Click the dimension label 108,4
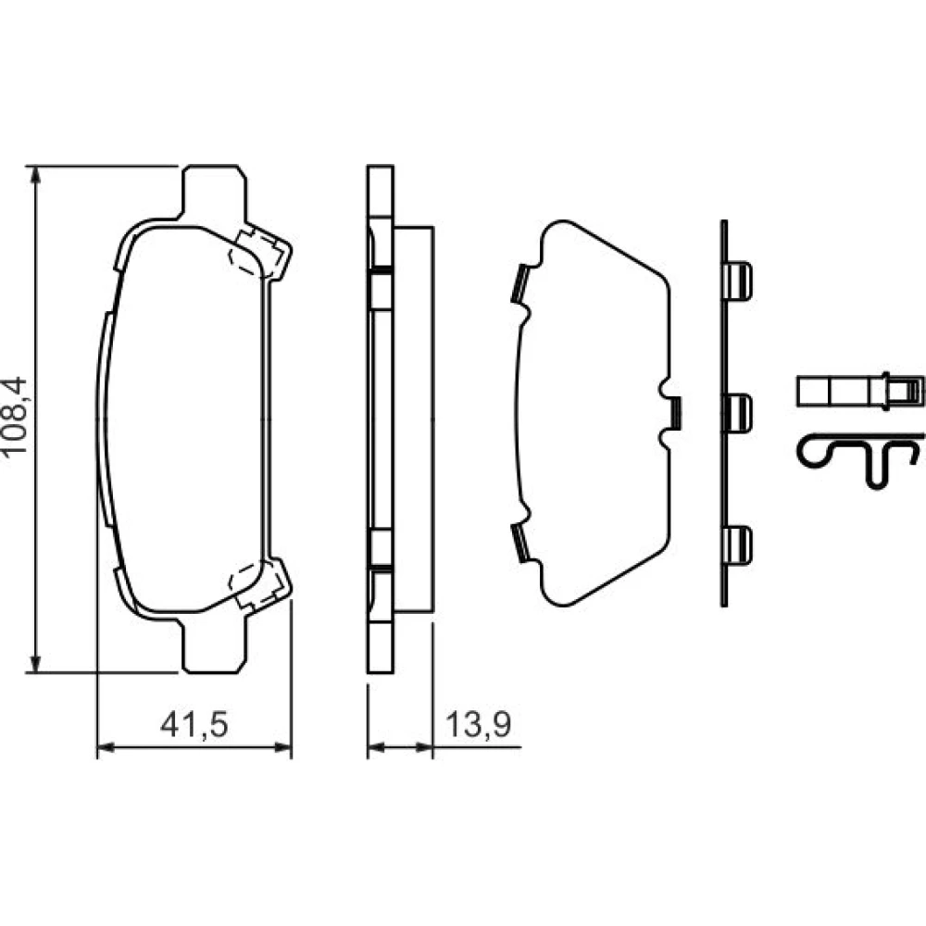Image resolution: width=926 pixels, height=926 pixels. pos(15,415)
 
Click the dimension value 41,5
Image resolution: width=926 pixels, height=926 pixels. pos(194,724)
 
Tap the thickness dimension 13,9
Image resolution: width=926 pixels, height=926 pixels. pos(479,724)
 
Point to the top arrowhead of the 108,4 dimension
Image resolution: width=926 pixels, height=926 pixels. pos(36,176)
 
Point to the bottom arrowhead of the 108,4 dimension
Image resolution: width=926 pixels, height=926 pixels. pos(36,661)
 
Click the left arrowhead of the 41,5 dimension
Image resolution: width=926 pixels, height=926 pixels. pos(106,747)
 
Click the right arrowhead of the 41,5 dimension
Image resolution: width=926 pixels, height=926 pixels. pos(282,747)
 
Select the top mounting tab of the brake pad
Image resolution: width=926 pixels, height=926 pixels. pos(214,192)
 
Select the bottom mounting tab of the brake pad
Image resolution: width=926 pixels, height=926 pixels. pos(214,646)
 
